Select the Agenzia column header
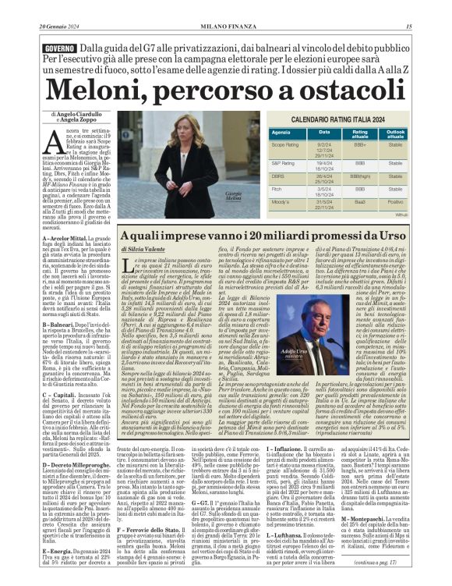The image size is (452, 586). pyautogui.click(x=281, y=133)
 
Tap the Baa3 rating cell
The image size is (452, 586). pyautogui.click(x=359, y=203)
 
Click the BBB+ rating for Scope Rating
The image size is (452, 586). pyautogui.click(x=359, y=145)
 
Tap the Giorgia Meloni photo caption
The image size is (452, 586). pyautogui.click(x=212, y=197)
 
